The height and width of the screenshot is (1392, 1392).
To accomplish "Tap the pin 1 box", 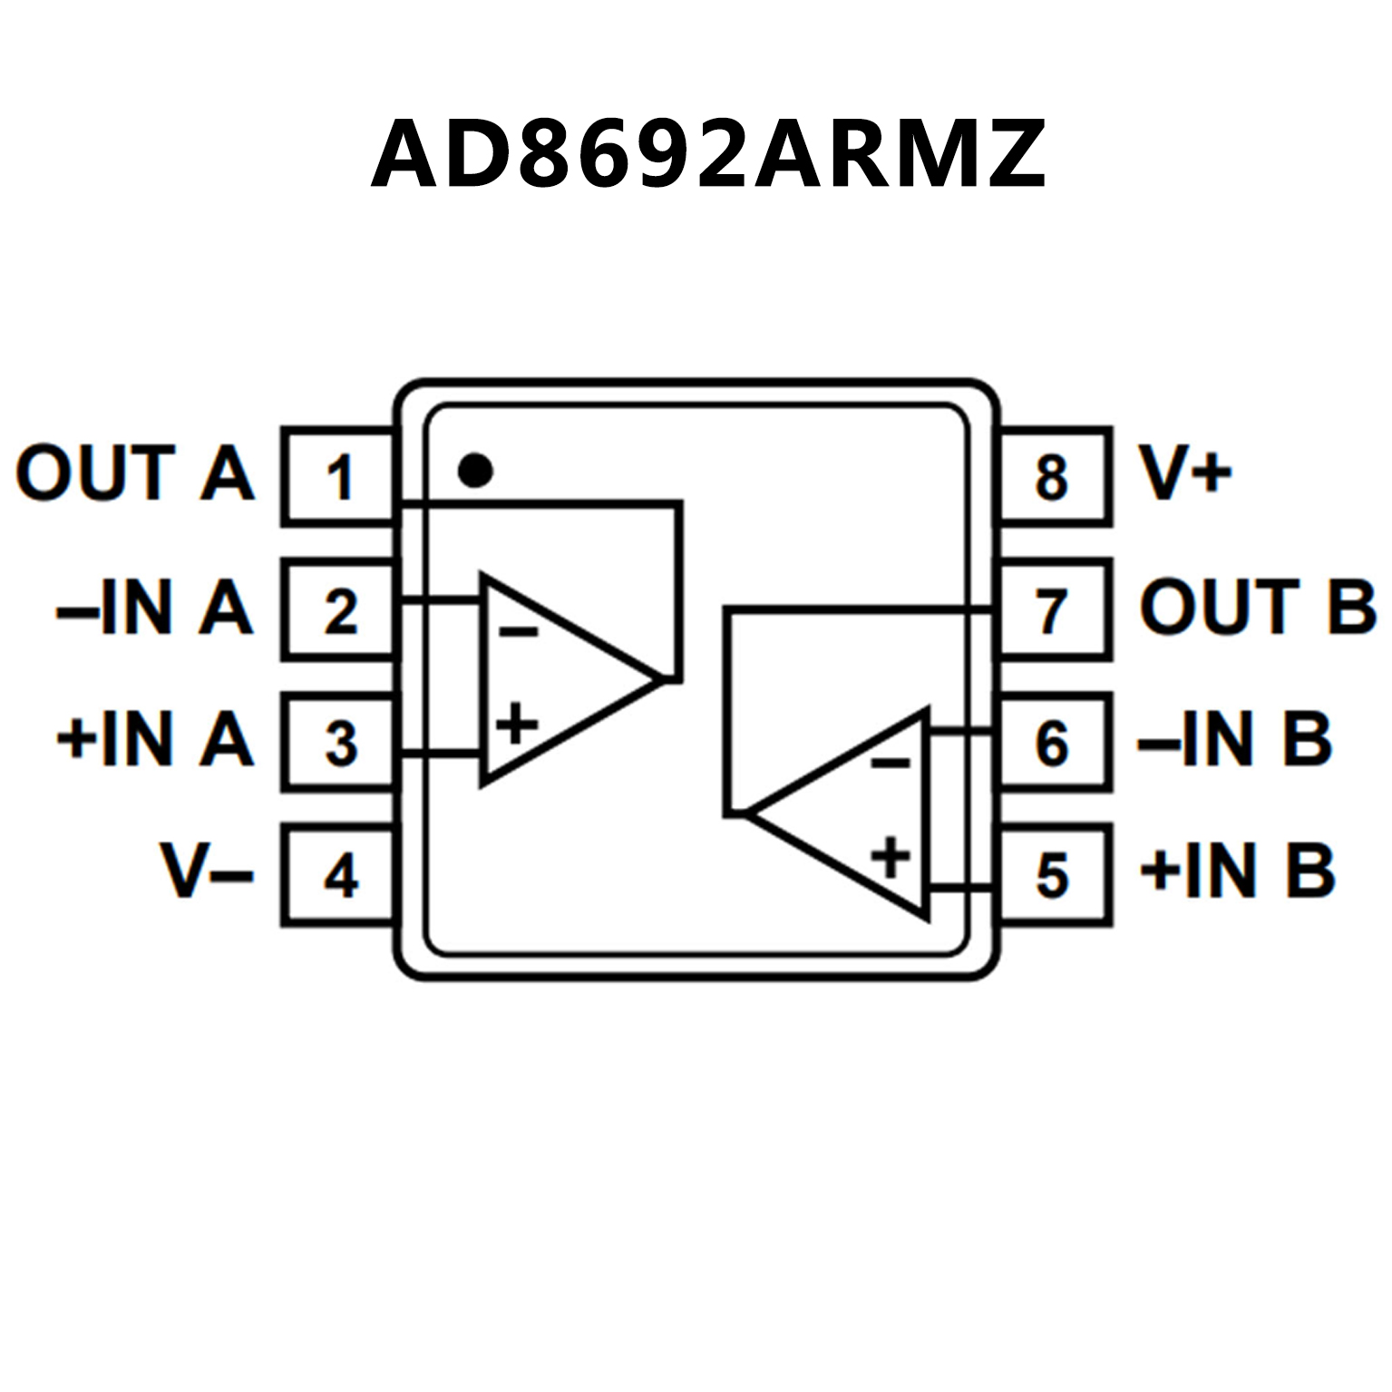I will click(338, 477).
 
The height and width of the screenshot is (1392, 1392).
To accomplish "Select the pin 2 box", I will click(338, 610).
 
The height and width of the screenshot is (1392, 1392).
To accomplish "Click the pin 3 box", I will click(338, 743).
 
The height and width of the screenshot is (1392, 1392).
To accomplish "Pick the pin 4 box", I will click(338, 875).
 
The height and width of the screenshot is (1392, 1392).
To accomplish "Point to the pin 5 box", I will click(1054, 875).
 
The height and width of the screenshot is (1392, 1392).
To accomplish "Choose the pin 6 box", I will click(1054, 743).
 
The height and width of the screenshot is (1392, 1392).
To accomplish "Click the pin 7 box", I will click(1054, 610).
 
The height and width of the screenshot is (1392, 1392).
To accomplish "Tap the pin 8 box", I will click(1054, 477).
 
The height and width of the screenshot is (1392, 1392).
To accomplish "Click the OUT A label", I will click(134, 472).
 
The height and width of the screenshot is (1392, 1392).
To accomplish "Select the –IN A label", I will click(154, 607).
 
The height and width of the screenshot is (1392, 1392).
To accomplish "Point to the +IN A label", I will click(154, 739).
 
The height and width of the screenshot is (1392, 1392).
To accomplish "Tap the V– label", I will click(207, 871).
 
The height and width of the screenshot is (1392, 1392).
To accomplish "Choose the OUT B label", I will click(1257, 607).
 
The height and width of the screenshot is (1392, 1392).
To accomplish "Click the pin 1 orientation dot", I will click(475, 471).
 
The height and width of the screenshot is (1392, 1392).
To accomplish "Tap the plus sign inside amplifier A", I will click(517, 724).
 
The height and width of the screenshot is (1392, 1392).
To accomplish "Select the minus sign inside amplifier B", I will click(891, 762).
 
